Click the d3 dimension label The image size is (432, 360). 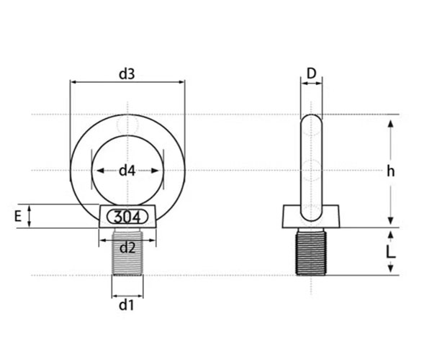[127, 74]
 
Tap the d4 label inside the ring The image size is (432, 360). [127, 171]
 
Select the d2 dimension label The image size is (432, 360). [127, 248]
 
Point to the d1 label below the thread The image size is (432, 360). [127, 305]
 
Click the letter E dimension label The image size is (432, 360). [18, 216]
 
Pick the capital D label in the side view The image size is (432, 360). [311, 73]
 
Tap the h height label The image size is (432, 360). [391, 171]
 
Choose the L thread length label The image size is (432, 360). [391, 251]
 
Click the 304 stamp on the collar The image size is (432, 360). [127, 217]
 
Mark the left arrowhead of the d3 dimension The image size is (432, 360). [73, 82]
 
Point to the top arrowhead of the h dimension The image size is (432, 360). [391, 123]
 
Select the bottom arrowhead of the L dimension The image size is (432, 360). [391, 269]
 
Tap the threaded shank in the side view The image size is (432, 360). [311, 253]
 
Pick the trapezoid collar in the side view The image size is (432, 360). [311, 217]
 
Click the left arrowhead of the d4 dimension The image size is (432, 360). [100, 171]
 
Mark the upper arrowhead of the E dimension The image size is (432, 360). [30, 209]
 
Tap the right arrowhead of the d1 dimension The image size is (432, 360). [140, 296]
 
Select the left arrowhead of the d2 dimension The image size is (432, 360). [102, 240]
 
